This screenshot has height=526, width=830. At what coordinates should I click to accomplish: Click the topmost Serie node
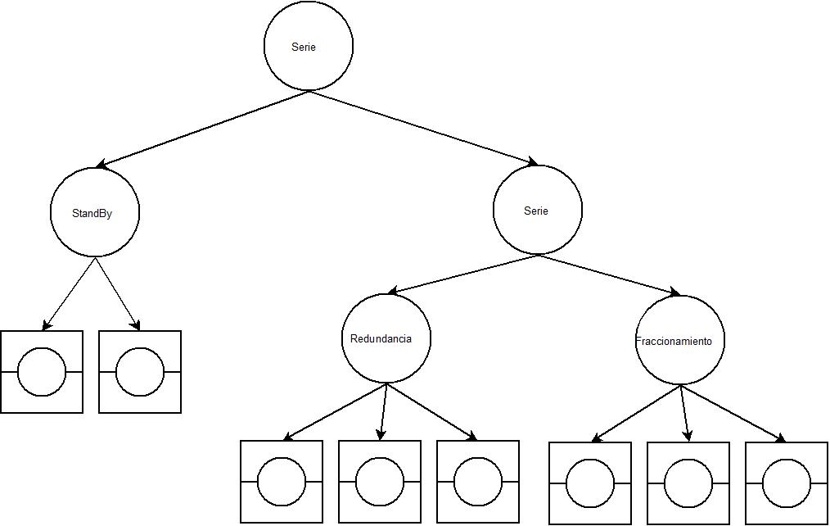(x=309, y=47)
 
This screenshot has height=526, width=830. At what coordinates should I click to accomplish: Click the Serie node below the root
(x=538, y=211)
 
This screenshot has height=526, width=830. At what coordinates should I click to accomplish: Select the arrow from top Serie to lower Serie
(x=423, y=128)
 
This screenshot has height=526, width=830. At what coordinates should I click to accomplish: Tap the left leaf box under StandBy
(x=42, y=371)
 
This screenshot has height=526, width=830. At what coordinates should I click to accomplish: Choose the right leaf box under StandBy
(x=140, y=371)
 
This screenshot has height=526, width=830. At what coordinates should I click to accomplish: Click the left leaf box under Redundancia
(x=282, y=482)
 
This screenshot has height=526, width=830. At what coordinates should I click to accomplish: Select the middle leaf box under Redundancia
(x=380, y=482)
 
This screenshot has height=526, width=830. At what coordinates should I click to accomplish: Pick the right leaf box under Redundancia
(x=478, y=482)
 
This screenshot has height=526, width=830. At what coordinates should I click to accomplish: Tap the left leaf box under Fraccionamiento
(x=590, y=483)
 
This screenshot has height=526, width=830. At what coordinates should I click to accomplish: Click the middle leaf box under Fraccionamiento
(x=688, y=483)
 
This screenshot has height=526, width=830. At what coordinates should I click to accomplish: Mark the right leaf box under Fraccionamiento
(x=787, y=483)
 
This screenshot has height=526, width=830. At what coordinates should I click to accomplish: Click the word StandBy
(x=92, y=213)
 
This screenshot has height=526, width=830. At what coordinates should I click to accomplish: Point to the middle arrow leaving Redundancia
(x=383, y=411)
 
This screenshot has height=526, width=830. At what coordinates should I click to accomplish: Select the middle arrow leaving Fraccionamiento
(x=684, y=413)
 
